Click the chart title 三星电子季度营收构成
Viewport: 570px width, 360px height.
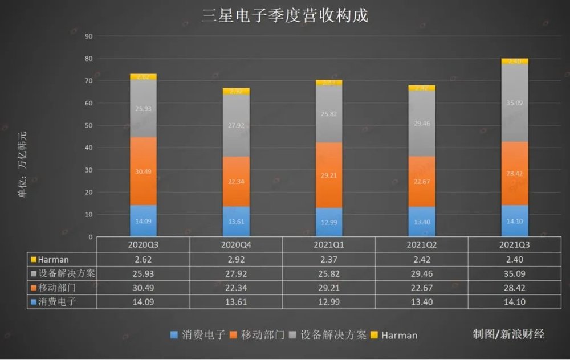coord(284,15)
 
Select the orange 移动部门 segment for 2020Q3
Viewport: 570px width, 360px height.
coord(143,170)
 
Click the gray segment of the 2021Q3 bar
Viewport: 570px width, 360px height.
coord(515,103)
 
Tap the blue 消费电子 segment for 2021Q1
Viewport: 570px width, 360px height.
coord(329,222)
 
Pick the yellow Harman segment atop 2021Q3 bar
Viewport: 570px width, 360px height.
coord(515,61)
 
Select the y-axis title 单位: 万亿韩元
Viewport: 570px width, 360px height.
coord(22,165)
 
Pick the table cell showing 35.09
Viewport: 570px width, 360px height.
coord(514,273)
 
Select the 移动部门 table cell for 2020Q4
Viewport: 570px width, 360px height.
coord(235,288)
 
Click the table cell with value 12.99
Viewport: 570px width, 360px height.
coord(328,302)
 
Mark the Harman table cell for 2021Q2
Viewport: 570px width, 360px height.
coord(421,259)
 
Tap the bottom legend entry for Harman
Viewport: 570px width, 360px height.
coord(394,335)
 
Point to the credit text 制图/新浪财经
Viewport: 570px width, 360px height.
coord(508,334)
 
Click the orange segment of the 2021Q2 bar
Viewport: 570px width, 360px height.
coord(422,181)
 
